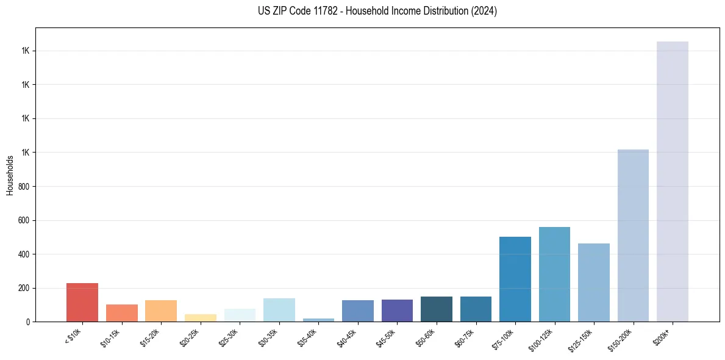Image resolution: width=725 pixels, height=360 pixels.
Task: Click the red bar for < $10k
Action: [x=82, y=303]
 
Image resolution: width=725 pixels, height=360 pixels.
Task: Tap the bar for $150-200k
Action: [x=633, y=236]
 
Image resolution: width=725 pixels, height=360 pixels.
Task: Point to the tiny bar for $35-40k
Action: [x=318, y=320]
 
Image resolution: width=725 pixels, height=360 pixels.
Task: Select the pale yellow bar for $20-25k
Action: [x=201, y=318]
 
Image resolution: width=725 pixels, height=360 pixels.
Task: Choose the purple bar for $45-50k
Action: [x=397, y=311]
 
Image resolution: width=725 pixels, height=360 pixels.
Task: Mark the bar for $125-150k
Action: [x=594, y=283]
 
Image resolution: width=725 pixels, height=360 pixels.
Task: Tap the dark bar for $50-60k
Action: [x=437, y=309]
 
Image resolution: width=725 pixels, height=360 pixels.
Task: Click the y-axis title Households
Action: [x=10, y=175]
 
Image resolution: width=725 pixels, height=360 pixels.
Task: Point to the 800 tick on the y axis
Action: [x=24, y=186]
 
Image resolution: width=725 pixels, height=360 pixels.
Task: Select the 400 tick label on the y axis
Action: [x=24, y=254]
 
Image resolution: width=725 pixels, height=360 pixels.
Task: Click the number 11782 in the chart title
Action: [x=325, y=11]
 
